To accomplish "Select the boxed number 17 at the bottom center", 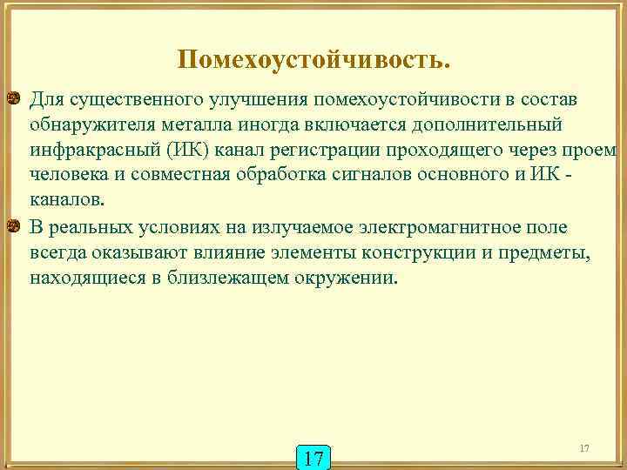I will click(x=313, y=456).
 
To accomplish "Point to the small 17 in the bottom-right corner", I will click(x=583, y=447).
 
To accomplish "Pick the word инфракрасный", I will click(x=82, y=151).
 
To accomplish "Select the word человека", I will click(x=68, y=177).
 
